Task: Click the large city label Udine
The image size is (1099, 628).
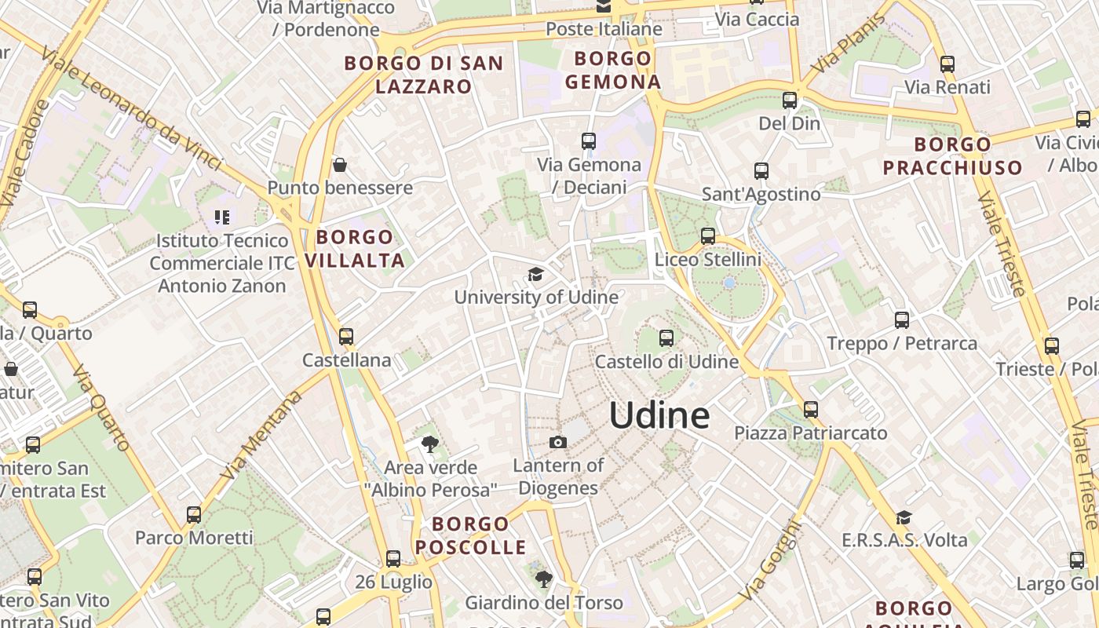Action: click(x=659, y=415)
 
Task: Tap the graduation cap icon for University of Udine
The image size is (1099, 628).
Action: click(x=535, y=274)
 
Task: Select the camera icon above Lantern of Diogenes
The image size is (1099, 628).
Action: click(x=558, y=443)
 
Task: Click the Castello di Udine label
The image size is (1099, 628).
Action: click(x=666, y=362)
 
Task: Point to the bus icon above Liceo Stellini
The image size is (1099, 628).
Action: click(x=708, y=235)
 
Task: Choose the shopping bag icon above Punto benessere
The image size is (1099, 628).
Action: click(x=340, y=165)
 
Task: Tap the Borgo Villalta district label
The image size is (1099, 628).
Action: click(x=355, y=249)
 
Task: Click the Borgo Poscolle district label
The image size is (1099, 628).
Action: click(x=470, y=535)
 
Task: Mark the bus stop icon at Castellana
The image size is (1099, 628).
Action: click(x=346, y=337)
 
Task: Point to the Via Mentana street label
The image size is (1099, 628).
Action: click(x=261, y=436)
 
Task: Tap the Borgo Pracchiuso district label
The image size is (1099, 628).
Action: click(x=953, y=155)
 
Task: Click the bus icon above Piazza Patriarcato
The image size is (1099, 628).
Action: click(x=811, y=409)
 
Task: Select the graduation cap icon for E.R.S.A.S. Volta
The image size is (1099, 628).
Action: click(x=904, y=517)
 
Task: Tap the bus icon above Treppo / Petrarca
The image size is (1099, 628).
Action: click(x=902, y=319)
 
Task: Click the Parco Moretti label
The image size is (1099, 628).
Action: click(x=194, y=538)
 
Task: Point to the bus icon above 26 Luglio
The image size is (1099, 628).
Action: click(x=393, y=559)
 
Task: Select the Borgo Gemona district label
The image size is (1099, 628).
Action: click(x=613, y=70)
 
